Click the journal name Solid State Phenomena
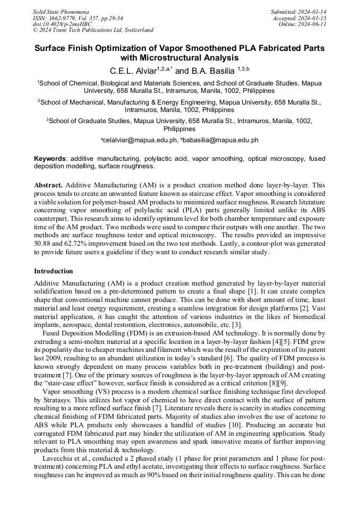61,11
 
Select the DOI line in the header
63,24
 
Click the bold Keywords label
50,158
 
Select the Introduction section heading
54,271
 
